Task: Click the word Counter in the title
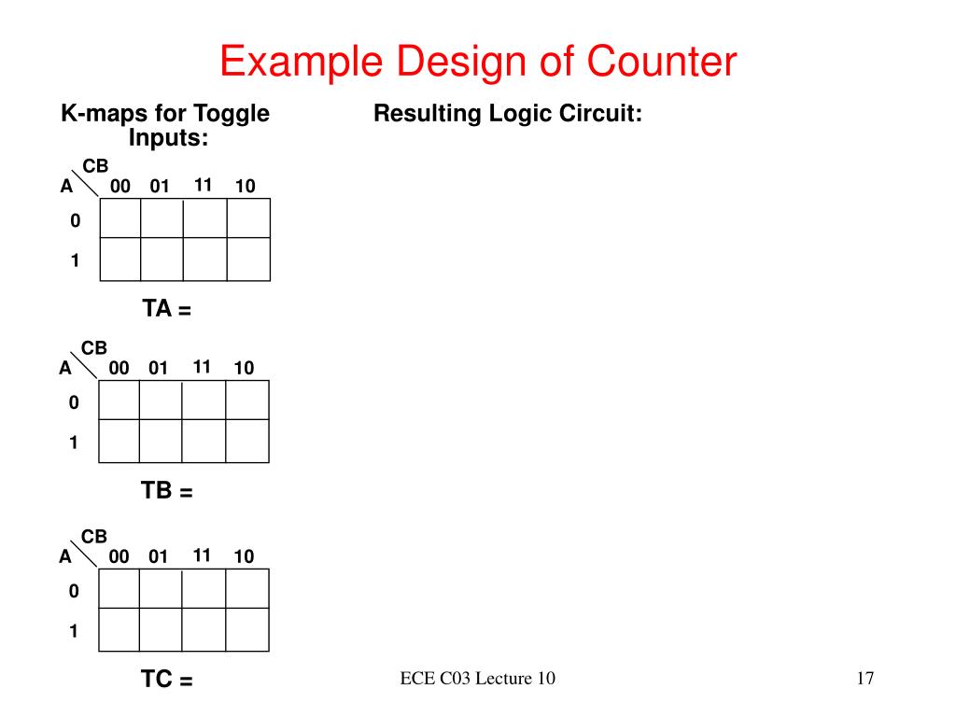661,63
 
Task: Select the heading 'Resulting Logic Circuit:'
508,114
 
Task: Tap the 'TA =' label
167,309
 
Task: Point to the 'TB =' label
167,491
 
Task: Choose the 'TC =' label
167,680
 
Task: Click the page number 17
865,678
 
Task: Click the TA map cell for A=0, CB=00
120,219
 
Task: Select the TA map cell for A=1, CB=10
248,260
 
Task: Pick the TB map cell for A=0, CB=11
204,401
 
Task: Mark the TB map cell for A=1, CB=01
160,442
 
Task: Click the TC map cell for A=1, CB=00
119,630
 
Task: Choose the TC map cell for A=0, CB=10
247,589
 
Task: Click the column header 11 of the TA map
204,185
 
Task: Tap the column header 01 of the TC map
158,557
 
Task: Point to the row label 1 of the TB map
73,443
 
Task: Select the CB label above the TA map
96,166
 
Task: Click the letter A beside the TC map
65,557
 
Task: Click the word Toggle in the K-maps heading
231,114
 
